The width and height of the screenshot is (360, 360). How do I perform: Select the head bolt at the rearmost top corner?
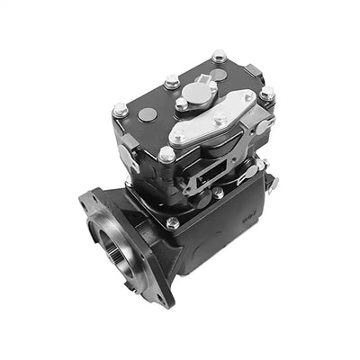click(x=219, y=57)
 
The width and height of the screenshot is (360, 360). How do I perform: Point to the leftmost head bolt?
click(x=120, y=110)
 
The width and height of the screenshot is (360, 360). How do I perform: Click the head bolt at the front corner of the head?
click(x=166, y=155)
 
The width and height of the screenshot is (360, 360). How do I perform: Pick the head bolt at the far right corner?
click(x=267, y=93)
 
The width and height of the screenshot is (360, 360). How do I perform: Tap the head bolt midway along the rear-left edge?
click(x=171, y=82)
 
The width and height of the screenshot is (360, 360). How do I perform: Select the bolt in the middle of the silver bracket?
click(x=220, y=117)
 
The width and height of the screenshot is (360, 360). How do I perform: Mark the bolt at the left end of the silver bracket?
click(x=181, y=136)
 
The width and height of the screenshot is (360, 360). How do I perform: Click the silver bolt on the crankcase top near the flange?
click(x=172, y=221)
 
